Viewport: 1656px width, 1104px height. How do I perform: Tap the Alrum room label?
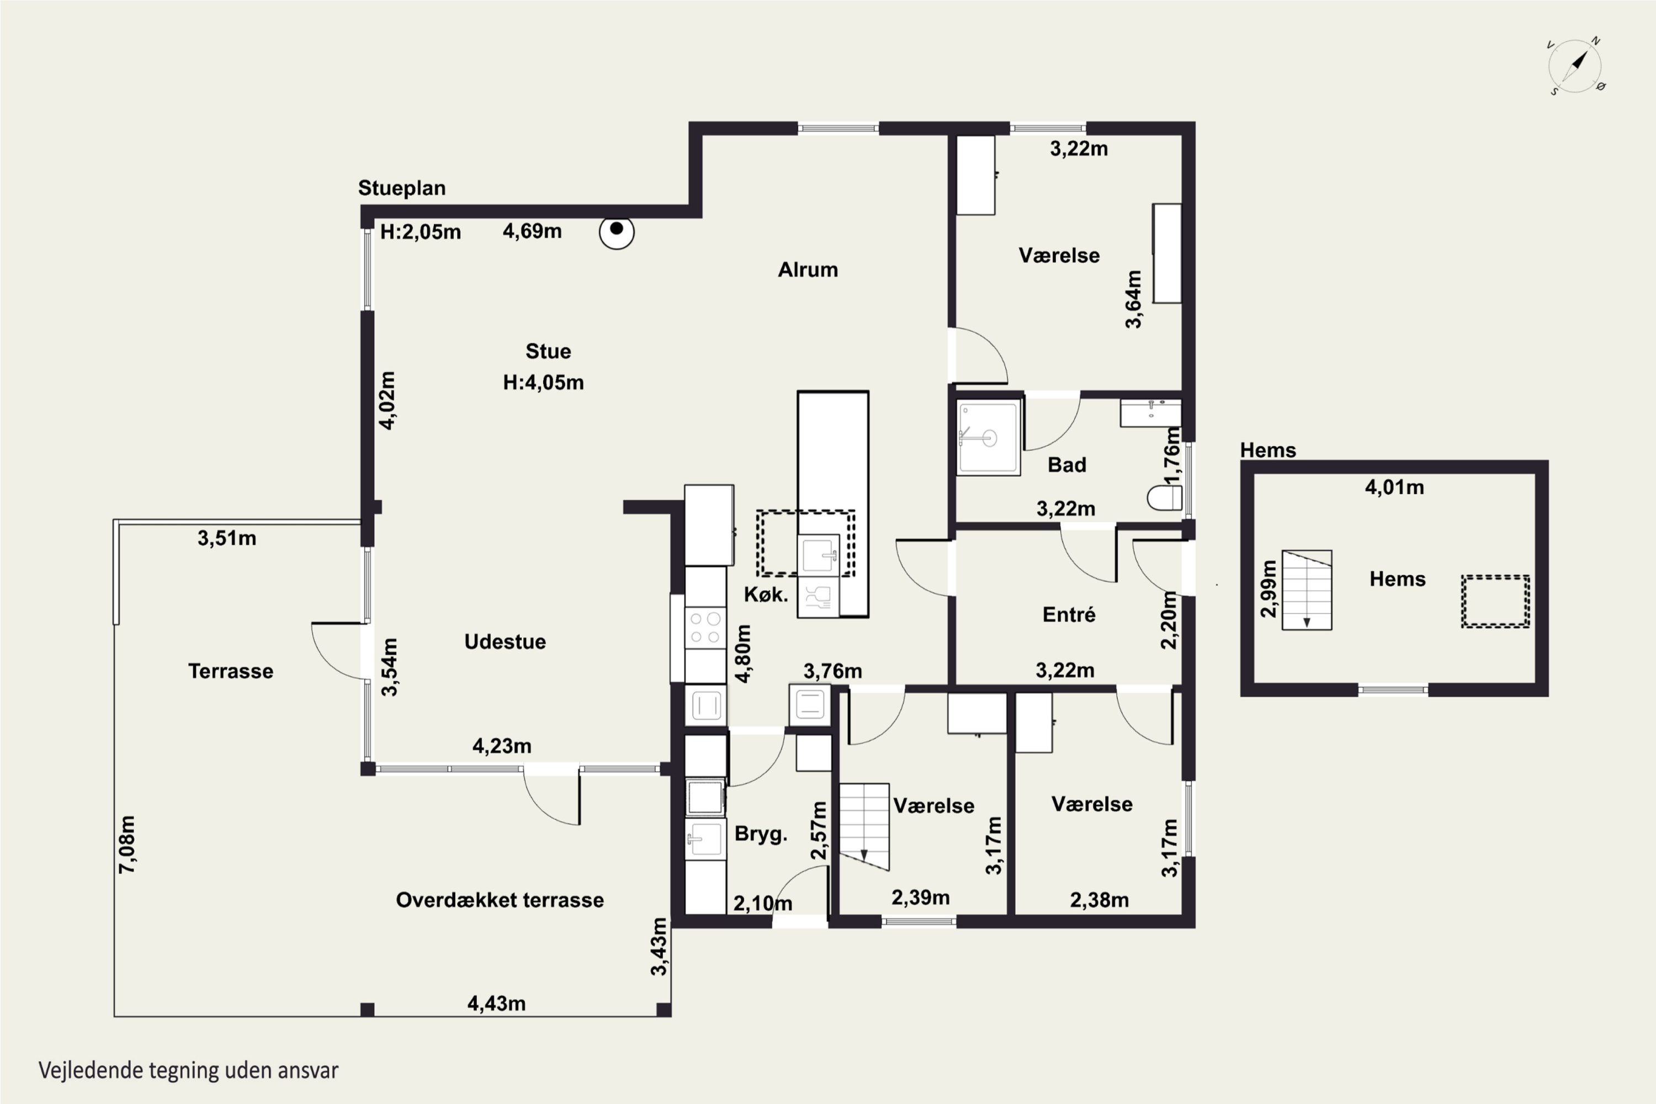(808, 270)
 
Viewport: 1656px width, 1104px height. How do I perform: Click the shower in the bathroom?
(989, 437)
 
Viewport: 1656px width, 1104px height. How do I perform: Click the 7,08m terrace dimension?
(128, 845)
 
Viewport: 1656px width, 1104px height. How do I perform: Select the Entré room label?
(1069, 615)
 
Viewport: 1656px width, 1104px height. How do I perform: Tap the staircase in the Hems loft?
(1307, 590)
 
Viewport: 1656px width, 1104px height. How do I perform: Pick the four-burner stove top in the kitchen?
(705, 627)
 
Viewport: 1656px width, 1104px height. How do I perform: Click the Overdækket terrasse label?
(500, 900)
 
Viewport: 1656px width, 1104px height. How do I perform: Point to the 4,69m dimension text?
(532, 231)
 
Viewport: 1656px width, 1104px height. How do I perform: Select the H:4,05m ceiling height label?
(544, 383)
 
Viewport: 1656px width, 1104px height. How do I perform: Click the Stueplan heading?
(402, 188)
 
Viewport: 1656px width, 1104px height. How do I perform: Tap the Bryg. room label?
(761, 834)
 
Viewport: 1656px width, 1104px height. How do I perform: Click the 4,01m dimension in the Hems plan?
(1395, 487)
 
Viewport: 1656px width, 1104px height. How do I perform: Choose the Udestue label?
(505, 641)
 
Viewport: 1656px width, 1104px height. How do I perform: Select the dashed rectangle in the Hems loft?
(1495, 601)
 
